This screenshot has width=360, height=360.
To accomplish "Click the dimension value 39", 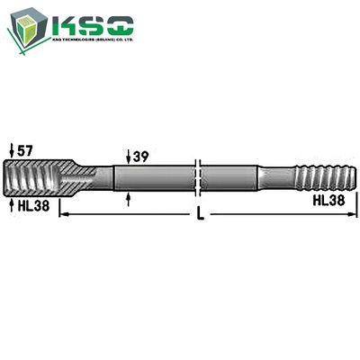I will [x=141, y=157].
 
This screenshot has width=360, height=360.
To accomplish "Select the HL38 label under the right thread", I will [x=330, y=201].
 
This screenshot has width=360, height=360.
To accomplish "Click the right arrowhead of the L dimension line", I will [x=351, y=215].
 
